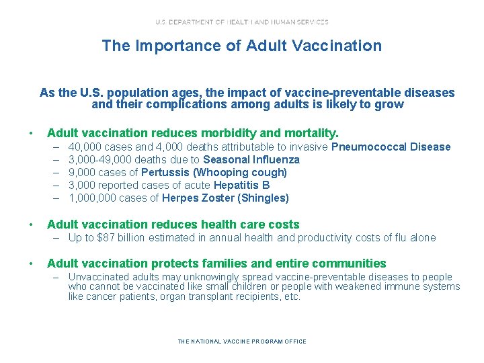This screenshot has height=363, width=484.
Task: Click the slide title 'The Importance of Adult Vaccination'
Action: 241,46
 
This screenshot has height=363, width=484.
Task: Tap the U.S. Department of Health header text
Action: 241,22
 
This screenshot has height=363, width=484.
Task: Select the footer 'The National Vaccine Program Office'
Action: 241,341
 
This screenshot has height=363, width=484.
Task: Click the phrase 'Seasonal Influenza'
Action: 251,160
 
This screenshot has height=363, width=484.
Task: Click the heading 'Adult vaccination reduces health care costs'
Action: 173,225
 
